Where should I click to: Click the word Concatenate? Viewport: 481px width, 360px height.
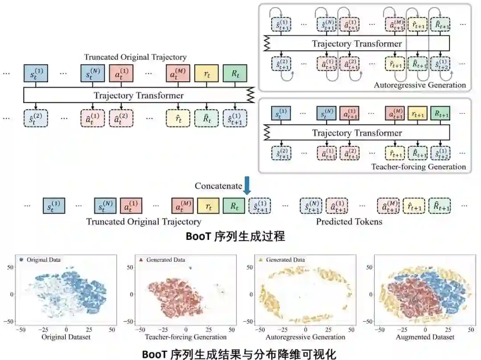[x=218, y=186]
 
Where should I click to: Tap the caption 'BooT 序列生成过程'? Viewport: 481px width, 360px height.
[x=235, y=236]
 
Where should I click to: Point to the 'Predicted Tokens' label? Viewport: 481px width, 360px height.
[x=349, y=221]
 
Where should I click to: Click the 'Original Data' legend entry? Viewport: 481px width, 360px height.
[x=44, y=259]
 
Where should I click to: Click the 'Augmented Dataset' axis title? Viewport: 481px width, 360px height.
[x=425, y=337]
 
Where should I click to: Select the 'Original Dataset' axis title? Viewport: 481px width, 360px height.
[x=66, y=337]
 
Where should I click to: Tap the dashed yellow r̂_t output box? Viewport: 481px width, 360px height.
[x=178, y=118]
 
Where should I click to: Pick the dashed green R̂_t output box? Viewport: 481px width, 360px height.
[x=207, y=118]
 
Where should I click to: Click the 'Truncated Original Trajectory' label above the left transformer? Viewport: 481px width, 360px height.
[x=135, y=57]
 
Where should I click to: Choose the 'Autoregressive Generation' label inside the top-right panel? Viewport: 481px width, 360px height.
[x=420, y=85]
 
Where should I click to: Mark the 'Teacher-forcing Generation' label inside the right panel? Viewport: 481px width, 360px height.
[x=418, y=167]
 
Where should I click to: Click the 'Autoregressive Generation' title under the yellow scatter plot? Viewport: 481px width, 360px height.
[x=303, y=337]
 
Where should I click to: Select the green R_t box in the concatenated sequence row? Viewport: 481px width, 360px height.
[x=234, y=206]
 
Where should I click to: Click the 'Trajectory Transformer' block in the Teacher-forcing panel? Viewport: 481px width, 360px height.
[x=357, y=133]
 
